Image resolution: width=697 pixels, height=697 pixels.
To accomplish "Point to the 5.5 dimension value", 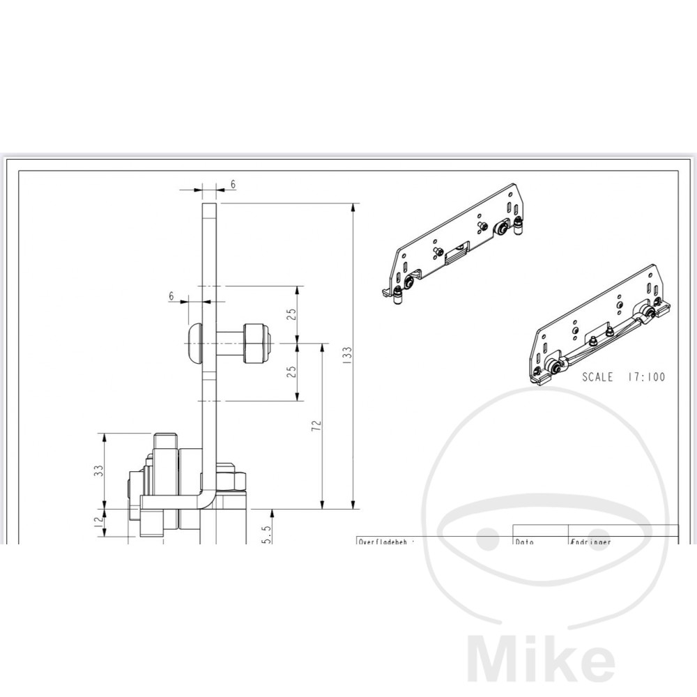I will [x=265, y=533].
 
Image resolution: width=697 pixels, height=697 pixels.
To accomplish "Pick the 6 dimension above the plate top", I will [x=233, y=184].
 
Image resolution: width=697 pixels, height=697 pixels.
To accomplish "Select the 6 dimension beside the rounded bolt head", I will [x=171, y=296].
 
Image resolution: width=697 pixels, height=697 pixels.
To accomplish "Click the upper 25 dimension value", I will [x=291, y=315].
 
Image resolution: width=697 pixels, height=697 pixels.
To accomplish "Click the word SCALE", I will [x=597, y=377].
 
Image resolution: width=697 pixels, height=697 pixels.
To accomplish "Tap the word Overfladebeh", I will [x=385, y=540].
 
